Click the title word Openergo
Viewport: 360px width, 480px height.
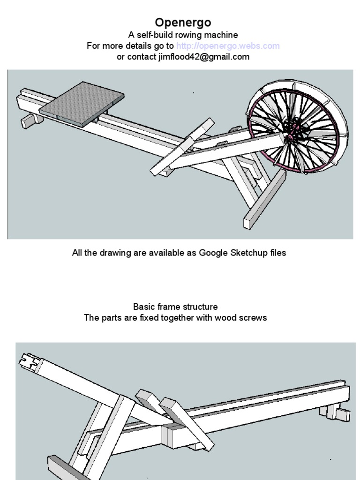(x=183, y=22)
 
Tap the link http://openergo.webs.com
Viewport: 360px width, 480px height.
(x=228, y=46)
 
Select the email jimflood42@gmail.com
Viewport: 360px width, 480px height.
(x=204, y=57)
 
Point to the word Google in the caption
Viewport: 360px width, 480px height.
(x=213, y=253)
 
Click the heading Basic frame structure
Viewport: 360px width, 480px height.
(x=175, y=307)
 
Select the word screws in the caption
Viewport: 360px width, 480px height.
(x=253, y=317)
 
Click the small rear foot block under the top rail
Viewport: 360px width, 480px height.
(x=31, y=120)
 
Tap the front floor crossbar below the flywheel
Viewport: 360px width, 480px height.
(x=264, y=199)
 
